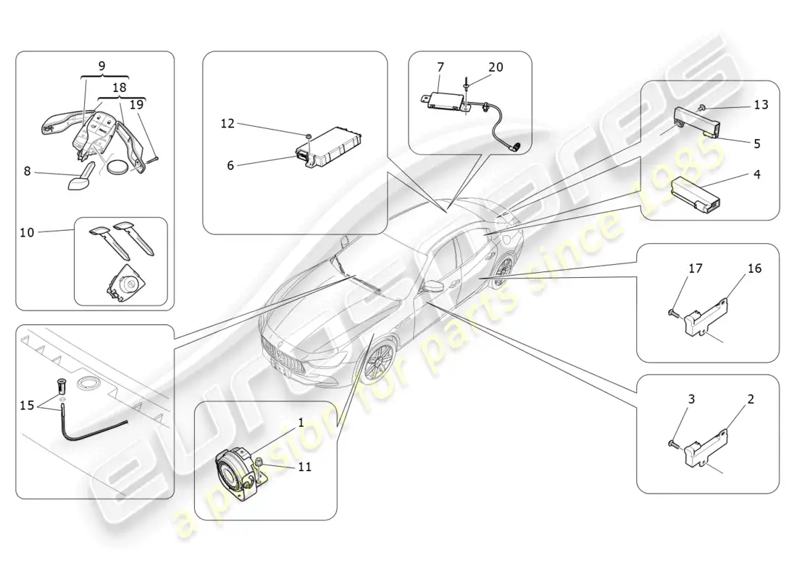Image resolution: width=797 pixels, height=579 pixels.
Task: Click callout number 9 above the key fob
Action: [x=101, y=65]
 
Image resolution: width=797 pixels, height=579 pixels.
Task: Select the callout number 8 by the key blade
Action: [x=28, y=171]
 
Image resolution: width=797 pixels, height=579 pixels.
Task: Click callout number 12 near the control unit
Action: [x=228, y=124]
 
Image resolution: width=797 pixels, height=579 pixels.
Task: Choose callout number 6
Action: [x=230, y=165]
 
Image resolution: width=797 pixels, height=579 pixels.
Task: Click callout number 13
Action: [x=760, y=104]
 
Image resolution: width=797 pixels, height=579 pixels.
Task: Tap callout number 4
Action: [x=756, y=174]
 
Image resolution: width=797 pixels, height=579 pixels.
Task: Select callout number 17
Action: [x=695, y=269]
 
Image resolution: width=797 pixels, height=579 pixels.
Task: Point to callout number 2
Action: [x=751, y=399]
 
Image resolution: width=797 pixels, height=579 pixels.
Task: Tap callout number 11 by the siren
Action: [x=304, y=467]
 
